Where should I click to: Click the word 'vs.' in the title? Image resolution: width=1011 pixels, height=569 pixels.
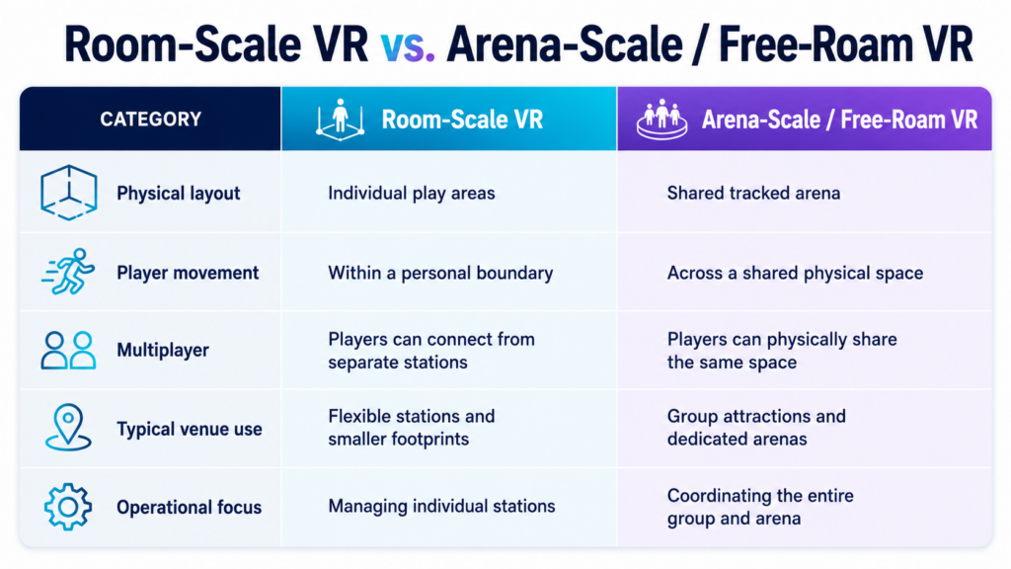click(408, 45)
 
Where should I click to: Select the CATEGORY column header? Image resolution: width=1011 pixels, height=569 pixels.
click(150, 120)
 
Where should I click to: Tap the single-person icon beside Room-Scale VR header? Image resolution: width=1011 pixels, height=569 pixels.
click(340, 120)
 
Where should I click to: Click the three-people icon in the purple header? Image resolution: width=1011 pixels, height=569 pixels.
click(661, 120)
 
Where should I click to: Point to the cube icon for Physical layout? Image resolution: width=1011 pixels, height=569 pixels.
click(68, 193)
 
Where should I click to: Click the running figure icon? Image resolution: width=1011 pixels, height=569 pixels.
click(68, 272)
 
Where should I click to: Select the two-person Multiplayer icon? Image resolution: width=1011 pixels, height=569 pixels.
click(68, 351)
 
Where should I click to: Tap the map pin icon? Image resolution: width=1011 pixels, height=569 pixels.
click(68, 427)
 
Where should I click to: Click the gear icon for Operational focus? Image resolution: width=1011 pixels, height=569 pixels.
click(68, 507)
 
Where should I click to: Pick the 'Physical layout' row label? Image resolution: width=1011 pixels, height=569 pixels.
click(178, 194)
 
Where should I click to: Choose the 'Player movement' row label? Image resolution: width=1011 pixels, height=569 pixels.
click(188, 273)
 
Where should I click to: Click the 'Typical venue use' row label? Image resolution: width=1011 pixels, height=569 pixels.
click(189, 429)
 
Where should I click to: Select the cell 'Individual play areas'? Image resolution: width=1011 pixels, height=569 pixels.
click(412, 194)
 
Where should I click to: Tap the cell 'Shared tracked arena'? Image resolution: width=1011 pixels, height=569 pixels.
click(753, 194)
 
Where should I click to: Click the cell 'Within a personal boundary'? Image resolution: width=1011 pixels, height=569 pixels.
click(440, 273)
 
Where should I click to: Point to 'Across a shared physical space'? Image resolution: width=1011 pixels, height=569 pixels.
click(795, 273)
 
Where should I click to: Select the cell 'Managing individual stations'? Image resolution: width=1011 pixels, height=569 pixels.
click(441, 507)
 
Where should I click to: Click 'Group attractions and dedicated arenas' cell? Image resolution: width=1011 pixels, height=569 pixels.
click(756, 428)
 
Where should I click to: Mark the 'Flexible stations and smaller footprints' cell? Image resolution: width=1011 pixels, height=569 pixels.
click(412, 428)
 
